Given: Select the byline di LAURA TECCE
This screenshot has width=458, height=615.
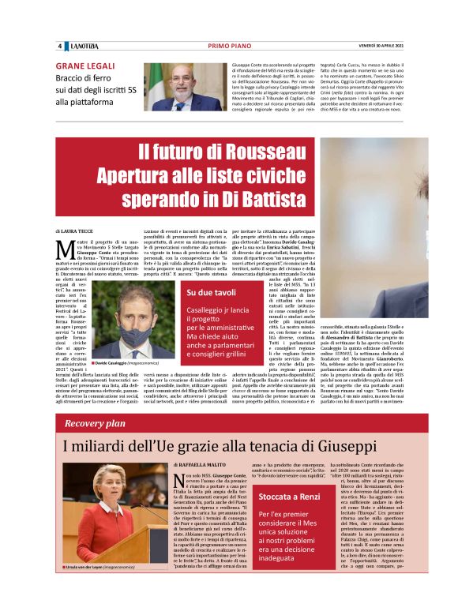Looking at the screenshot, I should tap(73, 229).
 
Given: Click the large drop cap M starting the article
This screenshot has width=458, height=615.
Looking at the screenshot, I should tap(68, 250).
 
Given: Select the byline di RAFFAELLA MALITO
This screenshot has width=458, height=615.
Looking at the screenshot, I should tap(202, 467).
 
